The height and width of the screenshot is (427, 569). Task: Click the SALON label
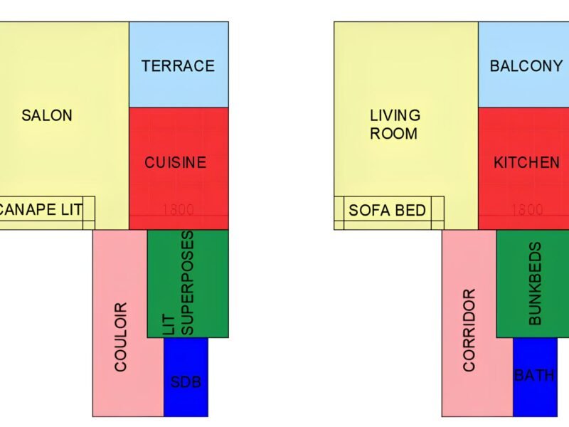(47, 115)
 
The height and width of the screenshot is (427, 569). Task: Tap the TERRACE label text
(178, 66)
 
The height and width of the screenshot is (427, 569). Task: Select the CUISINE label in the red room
(176, 162)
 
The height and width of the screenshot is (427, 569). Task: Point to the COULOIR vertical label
(120, 337)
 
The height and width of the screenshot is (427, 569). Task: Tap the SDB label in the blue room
(186, 382)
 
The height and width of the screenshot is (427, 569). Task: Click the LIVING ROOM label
(395, 124)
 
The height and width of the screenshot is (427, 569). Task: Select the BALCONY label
(526, 66)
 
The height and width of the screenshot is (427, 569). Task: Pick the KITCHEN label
(526, 162)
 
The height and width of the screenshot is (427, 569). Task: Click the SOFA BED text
(388, 210)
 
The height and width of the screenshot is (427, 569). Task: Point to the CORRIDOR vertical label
(469, 330)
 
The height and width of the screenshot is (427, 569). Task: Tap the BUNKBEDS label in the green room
(536, 284)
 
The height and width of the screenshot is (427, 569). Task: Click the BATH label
(534, 375)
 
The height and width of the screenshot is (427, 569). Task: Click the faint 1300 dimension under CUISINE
(178, 210)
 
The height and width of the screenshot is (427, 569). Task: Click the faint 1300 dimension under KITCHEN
(527, 210)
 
